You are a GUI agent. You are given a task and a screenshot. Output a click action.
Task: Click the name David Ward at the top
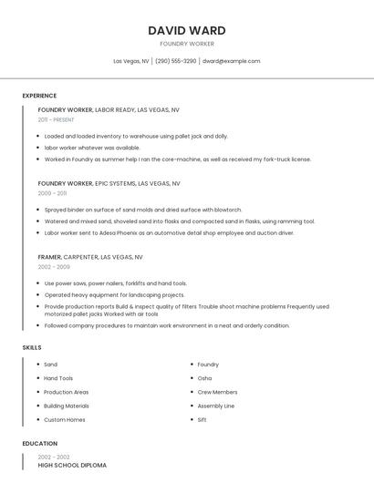coord(187,30)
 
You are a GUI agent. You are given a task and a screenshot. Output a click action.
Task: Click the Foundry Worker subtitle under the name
coord(187,44)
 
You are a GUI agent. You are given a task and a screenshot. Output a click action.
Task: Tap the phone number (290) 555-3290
coord(175,61)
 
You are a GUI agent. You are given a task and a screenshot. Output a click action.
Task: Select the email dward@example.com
coord(231,61)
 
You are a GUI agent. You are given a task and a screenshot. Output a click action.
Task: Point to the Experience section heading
coord(39,96)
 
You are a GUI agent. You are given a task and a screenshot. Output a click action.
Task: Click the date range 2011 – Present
coord(56,119)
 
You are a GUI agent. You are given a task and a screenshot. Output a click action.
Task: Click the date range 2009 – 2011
coord(52,193)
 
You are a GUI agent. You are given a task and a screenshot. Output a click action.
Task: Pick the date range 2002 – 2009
coord(54,267)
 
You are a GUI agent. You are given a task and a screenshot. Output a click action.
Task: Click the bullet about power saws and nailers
coord(115,283)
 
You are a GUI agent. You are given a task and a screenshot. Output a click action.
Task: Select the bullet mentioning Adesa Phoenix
coord(169,232)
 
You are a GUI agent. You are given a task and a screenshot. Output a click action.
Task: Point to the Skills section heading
coord(31,347)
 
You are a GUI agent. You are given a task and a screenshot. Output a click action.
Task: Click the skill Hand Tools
coord(58,378)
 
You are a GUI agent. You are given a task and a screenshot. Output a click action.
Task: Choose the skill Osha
coord(204,378)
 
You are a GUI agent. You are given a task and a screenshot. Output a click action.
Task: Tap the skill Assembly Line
coord(216,406)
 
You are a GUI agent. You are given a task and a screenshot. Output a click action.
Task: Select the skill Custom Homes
coord(65,419)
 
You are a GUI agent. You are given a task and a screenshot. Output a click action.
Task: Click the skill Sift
coord(202,419)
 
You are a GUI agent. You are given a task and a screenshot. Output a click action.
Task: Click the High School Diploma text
coord(72,465)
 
